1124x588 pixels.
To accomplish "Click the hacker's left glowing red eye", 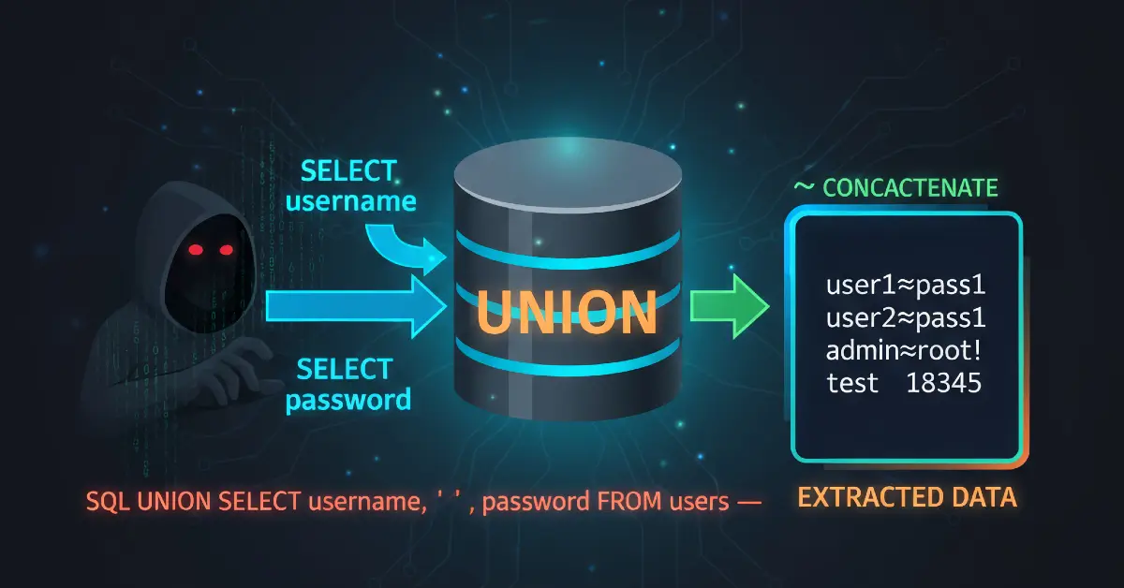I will tap(194, 250).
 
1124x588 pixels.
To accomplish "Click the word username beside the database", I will tap(351, 201).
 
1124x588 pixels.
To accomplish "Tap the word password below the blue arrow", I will tap(348, 400).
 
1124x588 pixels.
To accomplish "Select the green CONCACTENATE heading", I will tap(910, 188).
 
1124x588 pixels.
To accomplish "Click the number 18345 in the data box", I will tap(944, 384).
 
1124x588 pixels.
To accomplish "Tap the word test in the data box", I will tap(852, 384).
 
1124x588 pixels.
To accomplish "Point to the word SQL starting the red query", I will tap(108, 501).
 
